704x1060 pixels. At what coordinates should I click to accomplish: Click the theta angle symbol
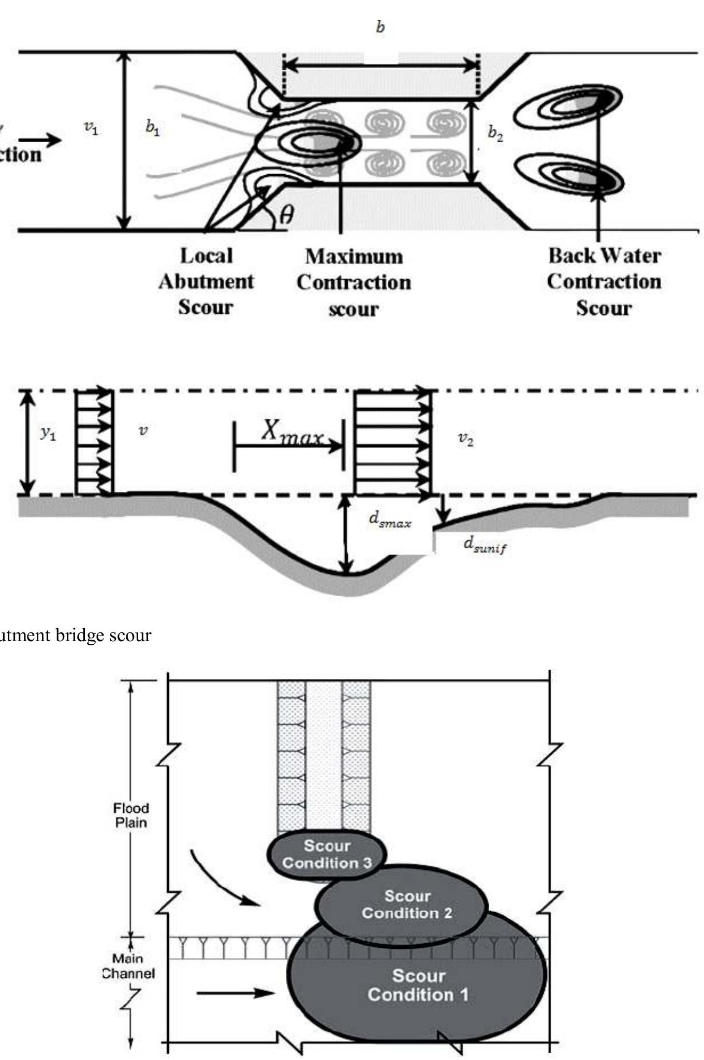point(286,214)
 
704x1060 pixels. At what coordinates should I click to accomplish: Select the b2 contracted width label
point(495,133)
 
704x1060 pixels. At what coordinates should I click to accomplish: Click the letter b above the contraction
point(380,27)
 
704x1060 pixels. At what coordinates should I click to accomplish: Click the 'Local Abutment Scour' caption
point(206,281)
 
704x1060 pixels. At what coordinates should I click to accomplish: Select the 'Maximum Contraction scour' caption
point(354,282)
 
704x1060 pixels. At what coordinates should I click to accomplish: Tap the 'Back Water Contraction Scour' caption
point(604,281)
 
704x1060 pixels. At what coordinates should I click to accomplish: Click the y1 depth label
point(49,432)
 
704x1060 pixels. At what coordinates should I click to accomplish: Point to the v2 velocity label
point(465,439)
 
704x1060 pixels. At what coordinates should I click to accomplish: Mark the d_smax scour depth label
point(390,520)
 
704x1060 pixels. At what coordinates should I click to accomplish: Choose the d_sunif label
point(485,544)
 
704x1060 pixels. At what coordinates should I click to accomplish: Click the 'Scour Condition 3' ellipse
point(327,854)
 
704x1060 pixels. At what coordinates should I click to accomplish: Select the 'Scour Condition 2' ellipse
point(407,905)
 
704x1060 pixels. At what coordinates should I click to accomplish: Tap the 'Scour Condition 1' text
point(418,985)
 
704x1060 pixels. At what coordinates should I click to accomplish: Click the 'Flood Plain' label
point(131,815)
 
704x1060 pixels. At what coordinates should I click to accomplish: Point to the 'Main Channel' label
point(128,966)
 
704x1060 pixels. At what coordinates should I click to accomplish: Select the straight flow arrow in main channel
point(236,992)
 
